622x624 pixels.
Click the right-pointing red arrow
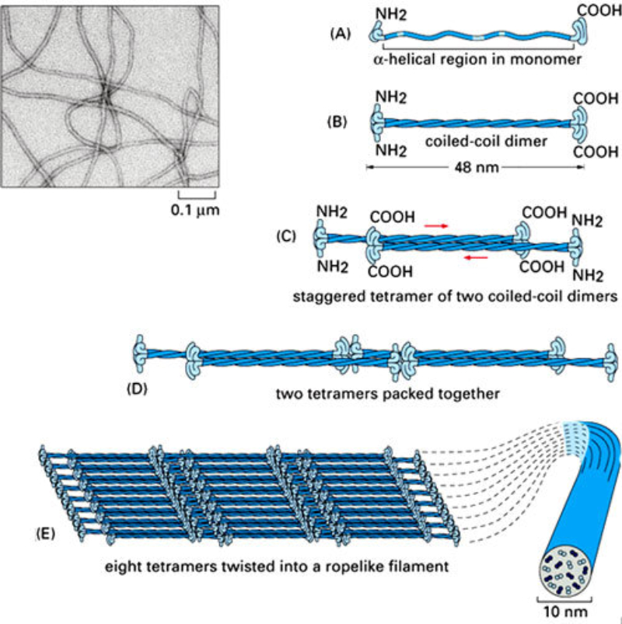coord(436,225)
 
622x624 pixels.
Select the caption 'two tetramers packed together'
coord(386,393)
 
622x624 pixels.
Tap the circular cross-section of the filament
coord(564,572)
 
